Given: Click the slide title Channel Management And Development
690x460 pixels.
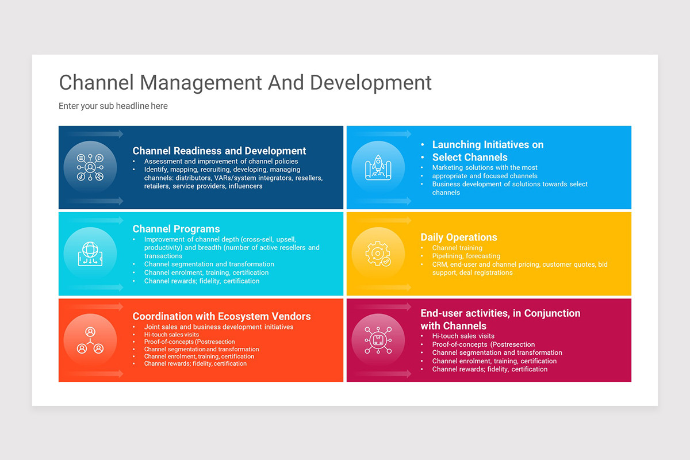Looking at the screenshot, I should click(x=246, y=82).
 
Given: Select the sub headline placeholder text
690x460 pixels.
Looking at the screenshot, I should click(x=113, y=106).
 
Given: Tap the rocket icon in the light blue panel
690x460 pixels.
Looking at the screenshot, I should click(x=378, y=167).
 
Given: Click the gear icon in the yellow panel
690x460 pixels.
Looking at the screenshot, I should click(x=378, y=254).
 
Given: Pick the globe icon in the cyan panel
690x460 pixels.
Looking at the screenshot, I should click(x=90, y=254).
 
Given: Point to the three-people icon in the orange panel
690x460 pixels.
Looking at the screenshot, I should click(x=90, y=340).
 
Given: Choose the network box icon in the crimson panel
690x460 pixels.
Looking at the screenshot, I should click(x=378, y=340).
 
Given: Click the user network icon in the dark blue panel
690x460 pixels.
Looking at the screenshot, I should click(x=90, y=167).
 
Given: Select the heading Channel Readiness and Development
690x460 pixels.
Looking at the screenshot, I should click(x=219, y=151).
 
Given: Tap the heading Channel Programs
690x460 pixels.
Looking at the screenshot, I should click(x=176, y=229).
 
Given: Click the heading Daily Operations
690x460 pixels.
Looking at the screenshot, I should click(x=459, y=237).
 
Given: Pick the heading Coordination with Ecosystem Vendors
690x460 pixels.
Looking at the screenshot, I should click(x=221, y=316).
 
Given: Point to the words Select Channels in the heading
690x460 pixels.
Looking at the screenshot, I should click(x=470, y=157).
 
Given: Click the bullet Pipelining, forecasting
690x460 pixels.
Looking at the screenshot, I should click(x=466, y=256).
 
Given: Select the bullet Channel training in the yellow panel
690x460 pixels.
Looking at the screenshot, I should click(x=457, y=248).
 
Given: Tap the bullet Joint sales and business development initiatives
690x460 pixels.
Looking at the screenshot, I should click(x=218, y=327).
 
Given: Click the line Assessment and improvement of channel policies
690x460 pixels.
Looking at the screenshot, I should click(x=221, y=162).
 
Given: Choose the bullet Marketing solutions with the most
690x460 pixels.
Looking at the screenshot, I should click(x=485, y=167).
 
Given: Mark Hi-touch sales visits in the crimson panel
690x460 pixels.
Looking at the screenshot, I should click(x=463, y=336).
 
